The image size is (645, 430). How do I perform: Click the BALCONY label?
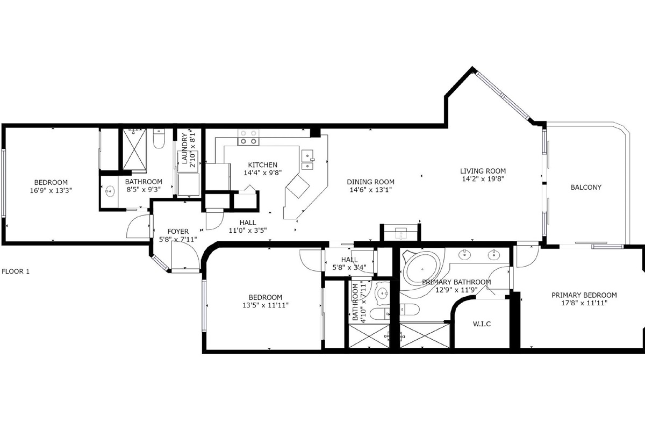pos(585,188)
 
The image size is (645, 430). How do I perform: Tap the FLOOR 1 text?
pos(16,271)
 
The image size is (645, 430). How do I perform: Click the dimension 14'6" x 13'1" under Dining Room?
pos(370,190)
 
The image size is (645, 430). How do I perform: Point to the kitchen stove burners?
pos(248,138)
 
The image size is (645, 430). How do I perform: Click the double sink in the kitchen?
pos(308,160)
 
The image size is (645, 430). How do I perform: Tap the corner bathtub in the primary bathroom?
pos(421,269)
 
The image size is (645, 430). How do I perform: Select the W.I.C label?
pos(482,324)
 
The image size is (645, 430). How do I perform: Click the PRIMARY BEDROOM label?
pos(584,295)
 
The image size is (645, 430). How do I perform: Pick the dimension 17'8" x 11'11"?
pos(584,304)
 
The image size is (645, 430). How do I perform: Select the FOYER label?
pos(178,232)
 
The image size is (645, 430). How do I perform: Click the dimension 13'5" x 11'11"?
pos(265,306)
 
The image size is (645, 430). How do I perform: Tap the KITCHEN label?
pos(262,165)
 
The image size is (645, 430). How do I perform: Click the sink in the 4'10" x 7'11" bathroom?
pos(382,293)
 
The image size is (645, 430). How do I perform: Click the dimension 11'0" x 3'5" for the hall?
pos(247,231)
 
